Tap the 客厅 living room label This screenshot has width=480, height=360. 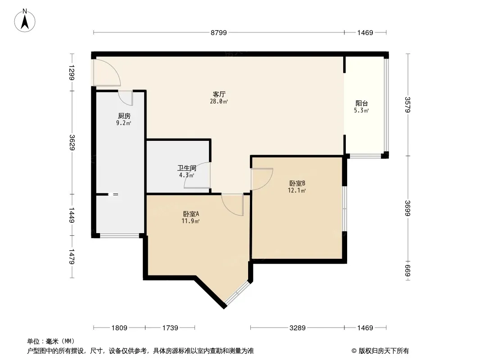point(219,94)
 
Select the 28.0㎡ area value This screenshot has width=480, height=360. point(219,102)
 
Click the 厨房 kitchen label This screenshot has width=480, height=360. point(124,116)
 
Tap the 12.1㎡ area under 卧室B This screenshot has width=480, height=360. point(297,190)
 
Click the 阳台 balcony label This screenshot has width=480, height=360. point(362,103)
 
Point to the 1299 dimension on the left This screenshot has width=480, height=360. point(71,72)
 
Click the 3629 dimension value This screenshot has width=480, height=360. point(71,142)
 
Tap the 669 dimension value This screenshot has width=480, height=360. point(408,270)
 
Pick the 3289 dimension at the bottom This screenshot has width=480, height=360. point(297,328)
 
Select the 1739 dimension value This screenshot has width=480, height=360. point(171,328)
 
